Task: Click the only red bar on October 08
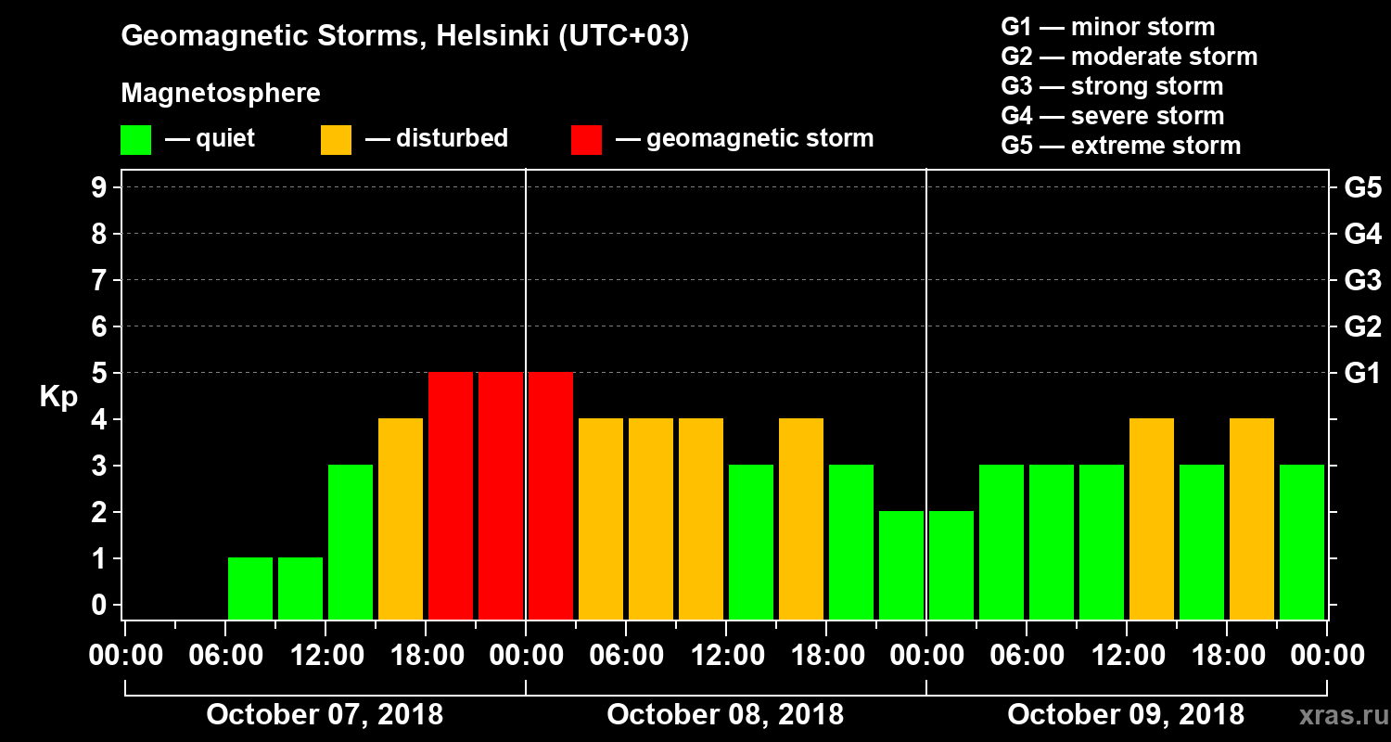pyautogui.click(x=551, y=495)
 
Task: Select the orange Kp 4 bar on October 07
pyautogui.click(x=401, y=518)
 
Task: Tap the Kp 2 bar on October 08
pyautogui.click(x=901, y=565)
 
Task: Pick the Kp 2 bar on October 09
pyautogui.click(x=951, y=565)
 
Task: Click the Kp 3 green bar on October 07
pyautogui.click(x=351, y=542)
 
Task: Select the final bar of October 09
pyautogui.click(x=1302, y=542)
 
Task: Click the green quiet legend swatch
pyautogui.click(x=135, y=140)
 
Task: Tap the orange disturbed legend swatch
pyautogui.click(x=336, y=140)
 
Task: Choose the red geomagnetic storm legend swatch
pyautogui.click(x=586, y=140)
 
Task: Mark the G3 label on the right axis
pyautogui.click(x=1362, y=280)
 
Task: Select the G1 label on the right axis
pyautogui.click(x=1362, y=373)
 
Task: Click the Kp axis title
pyautogui.click(x=58, y=396)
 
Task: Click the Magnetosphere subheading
pyautogui.click(x=221, y=94)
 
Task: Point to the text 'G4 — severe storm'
pyautogui.click(x=1112, y=116)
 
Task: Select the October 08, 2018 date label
pyautogui.click(x=725, y=715)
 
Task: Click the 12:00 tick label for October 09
pyautogui.click(x=1126, y=655)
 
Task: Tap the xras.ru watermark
pyautogui.click(x=1337, y=716)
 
